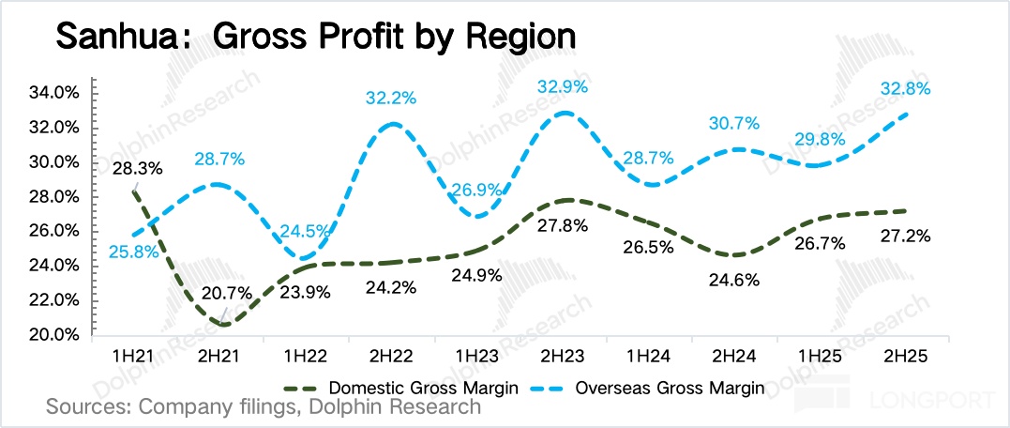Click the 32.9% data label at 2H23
tap(563, 87)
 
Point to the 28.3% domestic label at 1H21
tap(137, 169)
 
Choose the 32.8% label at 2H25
tap(905, 89)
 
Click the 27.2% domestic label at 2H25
tap(905, 236)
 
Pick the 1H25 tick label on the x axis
tap(820, 358)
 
